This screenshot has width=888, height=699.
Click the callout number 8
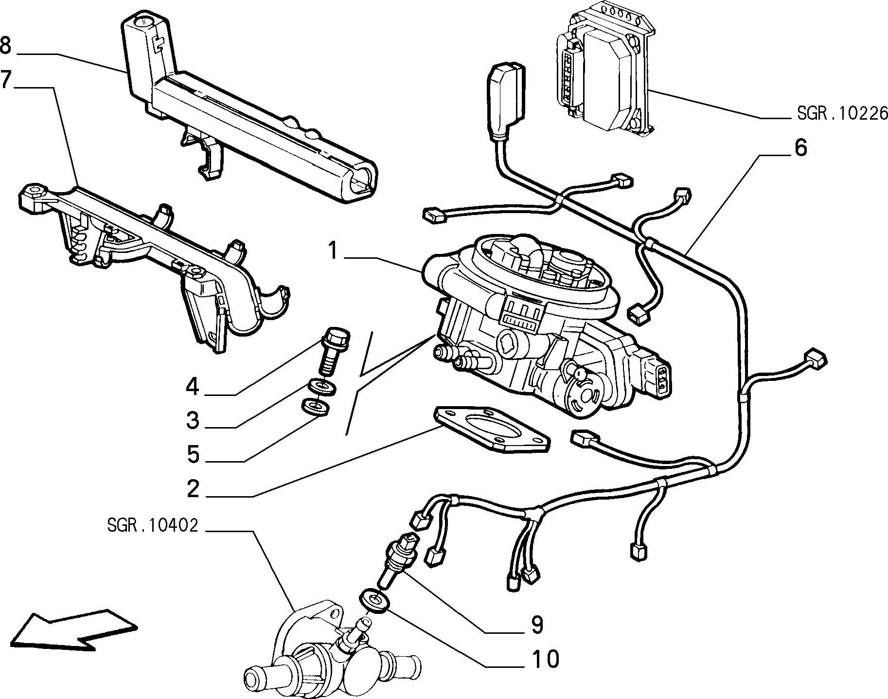point(5,46)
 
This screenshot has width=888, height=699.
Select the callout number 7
point(5,79)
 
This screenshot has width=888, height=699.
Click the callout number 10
point(545,660)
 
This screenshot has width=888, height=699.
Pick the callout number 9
point(536,625)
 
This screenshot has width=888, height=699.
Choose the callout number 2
point(193,489)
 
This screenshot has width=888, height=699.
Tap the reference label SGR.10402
point(152,525)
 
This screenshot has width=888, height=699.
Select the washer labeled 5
point(315,407)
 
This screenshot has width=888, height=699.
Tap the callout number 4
point(193,387)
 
